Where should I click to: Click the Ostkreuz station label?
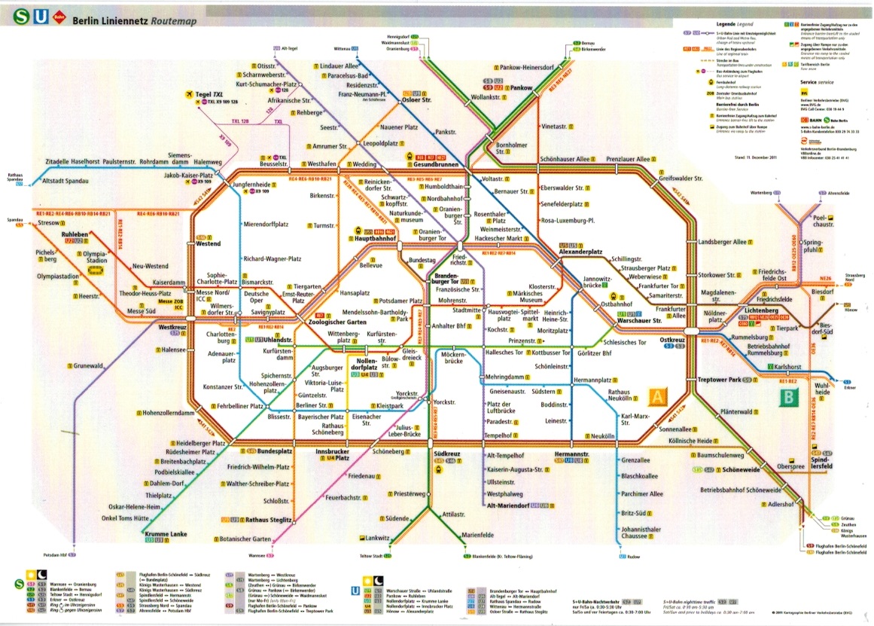coord(672,340)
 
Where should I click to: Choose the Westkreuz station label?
coord(172,328)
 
